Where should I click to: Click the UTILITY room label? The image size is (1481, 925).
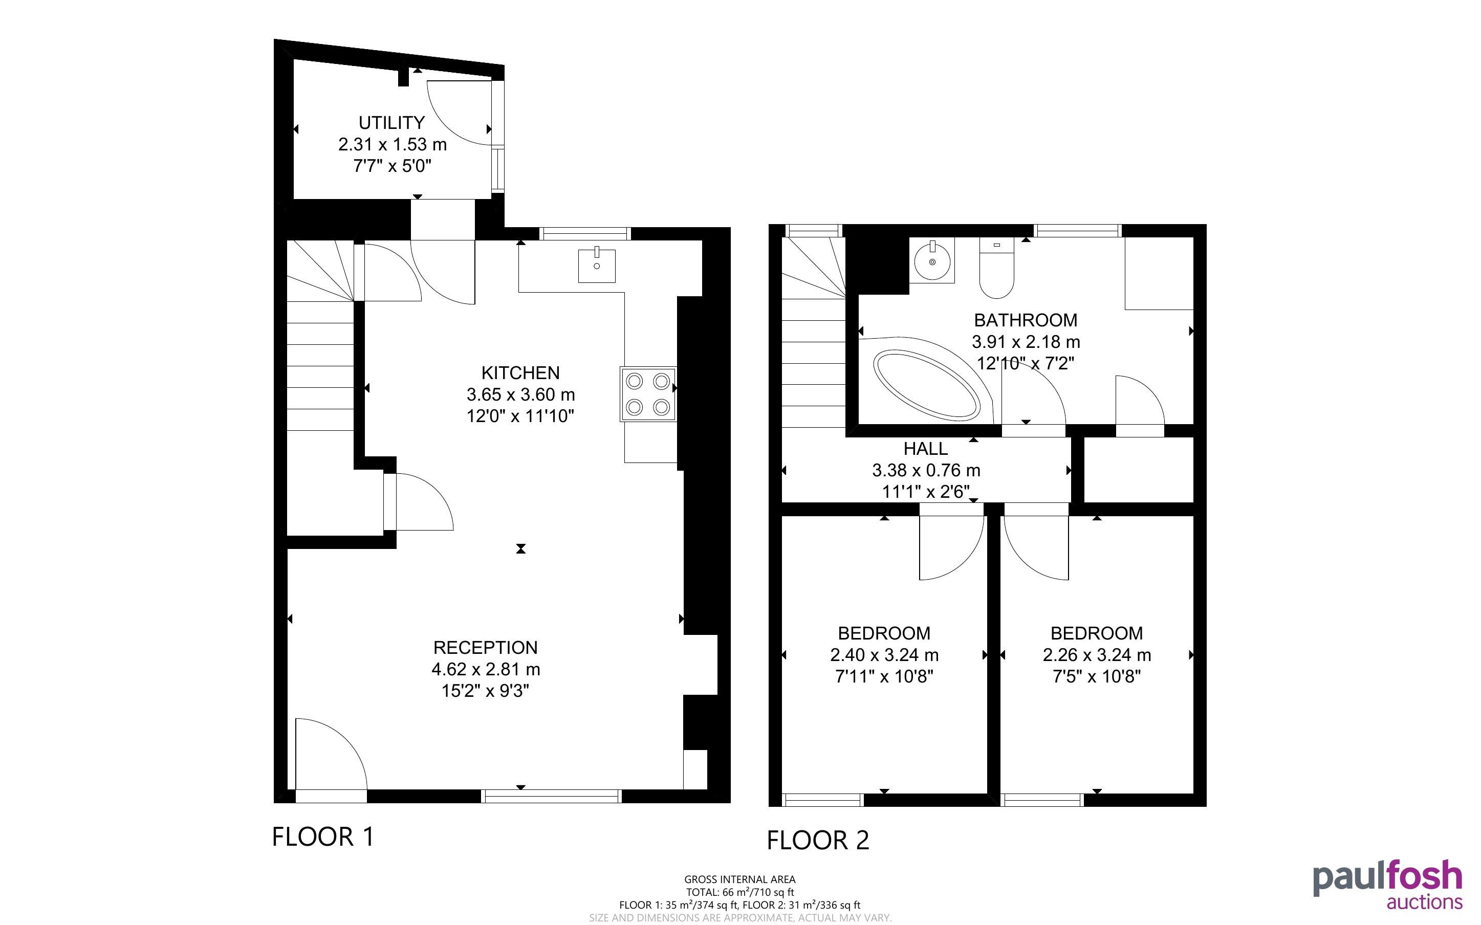(x=391, y=123)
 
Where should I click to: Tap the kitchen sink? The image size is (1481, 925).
(x=596, y=265)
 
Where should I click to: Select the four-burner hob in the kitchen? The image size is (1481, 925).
(x=648, y=394)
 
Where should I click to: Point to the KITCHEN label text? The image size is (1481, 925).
(x=520, y=372)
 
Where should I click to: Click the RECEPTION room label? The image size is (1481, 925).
(x=486, y=647)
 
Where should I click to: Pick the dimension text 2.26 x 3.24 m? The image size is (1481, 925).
(x=1097, y=654)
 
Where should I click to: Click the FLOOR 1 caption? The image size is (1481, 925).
(x=323, y=836)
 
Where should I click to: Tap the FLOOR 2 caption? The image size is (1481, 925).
(x=818, y=840)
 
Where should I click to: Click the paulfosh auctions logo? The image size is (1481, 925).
(x=1387, y=885)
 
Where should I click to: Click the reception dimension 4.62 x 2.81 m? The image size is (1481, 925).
(x=486, y=669)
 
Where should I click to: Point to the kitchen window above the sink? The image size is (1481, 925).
(x=585, y=233)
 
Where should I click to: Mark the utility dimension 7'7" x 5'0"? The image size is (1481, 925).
(x=392, y=166)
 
